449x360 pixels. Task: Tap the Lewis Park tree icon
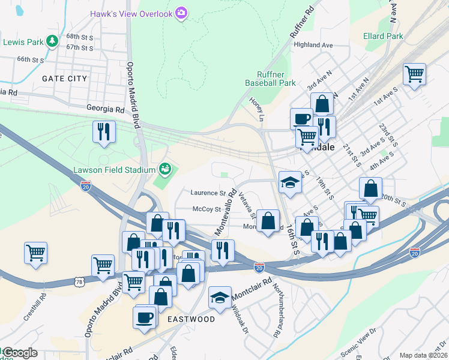point(53,41)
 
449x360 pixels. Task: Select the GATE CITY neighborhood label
point(64,79)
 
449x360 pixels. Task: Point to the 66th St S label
point(31,59)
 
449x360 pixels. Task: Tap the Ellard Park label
point(383,36)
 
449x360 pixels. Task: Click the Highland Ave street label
point(313,45)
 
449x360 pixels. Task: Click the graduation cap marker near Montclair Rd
point(220,297)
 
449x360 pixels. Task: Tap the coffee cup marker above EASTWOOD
point(145,317)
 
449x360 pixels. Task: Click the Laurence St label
point(207,193)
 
